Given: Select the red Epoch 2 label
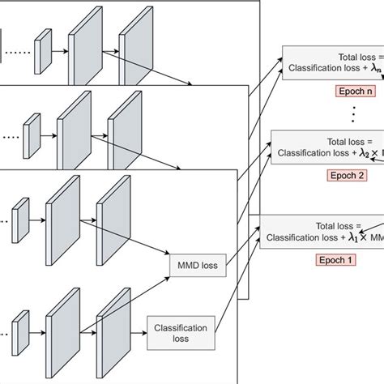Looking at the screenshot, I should pos(347,173).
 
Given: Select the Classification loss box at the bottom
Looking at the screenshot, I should pos(180,332).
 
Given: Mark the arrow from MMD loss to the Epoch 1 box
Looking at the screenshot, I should pos(241,243).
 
